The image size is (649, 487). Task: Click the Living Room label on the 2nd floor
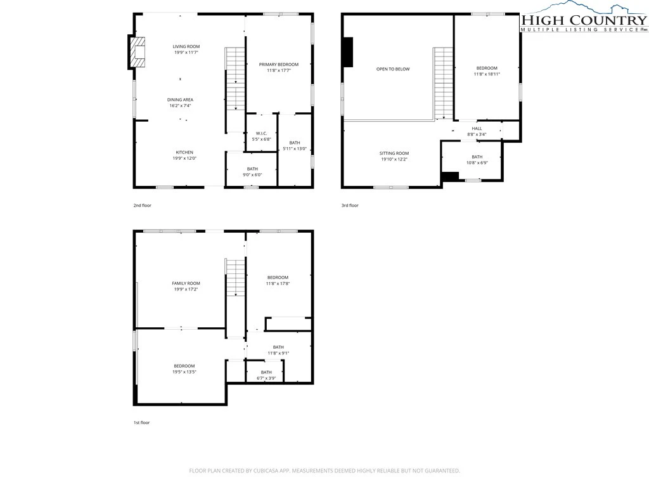click(186, 47)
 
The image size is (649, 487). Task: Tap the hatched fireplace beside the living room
click(138, 52)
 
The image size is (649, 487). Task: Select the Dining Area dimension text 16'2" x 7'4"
click(180, 106)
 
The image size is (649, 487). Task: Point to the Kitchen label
click(184, 152)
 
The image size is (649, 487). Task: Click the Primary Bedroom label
click(279, 65)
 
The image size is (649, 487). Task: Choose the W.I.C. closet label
click(262, 133)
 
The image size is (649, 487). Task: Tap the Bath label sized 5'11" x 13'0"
click(295, 143)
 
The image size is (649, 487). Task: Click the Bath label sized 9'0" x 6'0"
click(252, 169)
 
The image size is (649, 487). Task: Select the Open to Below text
click(393, 69)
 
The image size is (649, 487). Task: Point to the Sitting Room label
click(394, 153)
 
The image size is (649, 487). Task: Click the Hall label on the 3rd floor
click(477, 128)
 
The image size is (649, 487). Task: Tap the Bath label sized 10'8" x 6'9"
click(477, 157)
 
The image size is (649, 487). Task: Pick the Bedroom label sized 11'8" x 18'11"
click(487, 68)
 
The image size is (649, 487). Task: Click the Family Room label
click(186, 283)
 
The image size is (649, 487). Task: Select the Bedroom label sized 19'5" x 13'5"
click(184, 366)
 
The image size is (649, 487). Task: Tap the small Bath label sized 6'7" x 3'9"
click(266, 372)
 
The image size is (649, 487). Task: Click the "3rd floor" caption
click(350, 205)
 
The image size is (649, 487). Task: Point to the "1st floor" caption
click(141, 423)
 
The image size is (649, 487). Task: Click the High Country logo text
click(584, 20)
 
